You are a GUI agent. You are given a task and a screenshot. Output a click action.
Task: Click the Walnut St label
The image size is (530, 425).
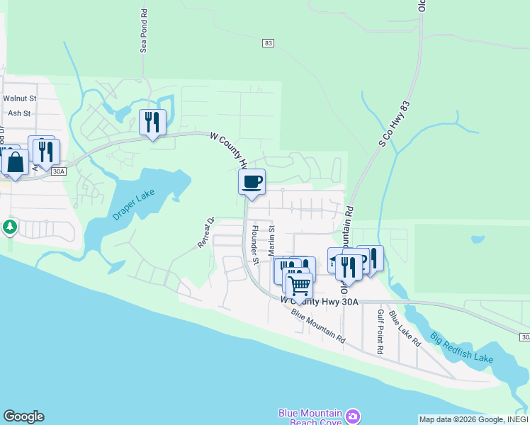[19, 98]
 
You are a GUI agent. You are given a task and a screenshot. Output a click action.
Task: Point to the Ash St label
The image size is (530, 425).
[19, 113]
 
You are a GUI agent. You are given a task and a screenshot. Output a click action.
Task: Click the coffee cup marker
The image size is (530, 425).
[252, 182]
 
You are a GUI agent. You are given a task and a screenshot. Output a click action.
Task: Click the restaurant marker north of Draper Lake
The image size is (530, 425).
[152, 122]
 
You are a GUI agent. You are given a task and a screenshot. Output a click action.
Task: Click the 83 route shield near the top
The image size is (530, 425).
[267, 43]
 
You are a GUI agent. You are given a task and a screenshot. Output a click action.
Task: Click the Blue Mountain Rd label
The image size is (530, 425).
[317, 327]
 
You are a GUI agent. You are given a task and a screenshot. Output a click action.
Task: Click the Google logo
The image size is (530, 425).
[23, 416]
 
